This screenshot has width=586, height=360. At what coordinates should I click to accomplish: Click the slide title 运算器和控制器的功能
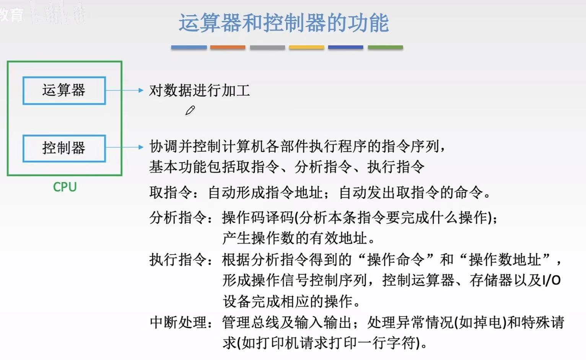click(283, 23)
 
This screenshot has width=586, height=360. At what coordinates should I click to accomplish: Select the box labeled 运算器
click(64, 91)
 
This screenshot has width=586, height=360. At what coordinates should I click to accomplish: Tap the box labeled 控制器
click(64, 148)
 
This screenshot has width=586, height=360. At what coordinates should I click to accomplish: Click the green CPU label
click(65, 187)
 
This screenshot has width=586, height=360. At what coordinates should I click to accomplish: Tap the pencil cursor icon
click(190, 111)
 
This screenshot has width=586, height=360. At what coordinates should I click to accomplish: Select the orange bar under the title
click(228, 47)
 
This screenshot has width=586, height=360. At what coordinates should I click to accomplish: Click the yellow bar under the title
click(306, 47)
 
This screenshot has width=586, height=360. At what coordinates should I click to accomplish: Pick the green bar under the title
click(385, 47)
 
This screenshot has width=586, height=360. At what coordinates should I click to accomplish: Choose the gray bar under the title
click(267, 47)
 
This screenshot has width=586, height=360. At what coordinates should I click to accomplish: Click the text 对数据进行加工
click(199, 91)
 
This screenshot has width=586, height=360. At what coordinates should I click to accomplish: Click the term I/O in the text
click(551, 280)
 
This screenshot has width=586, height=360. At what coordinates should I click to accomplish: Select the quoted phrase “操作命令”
click(396, 260)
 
